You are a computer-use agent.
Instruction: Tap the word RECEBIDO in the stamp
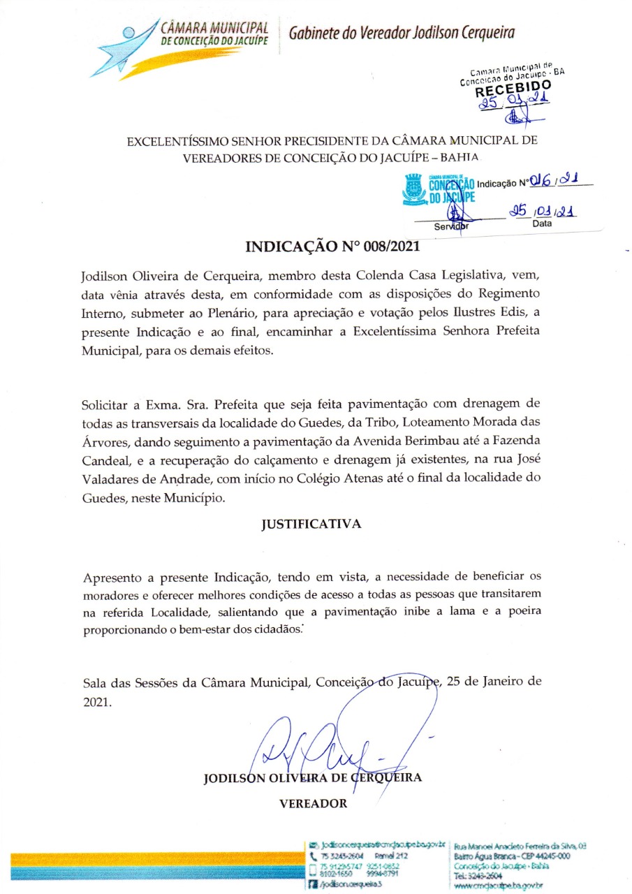(513, 87)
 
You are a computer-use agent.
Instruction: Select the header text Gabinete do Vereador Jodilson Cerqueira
(402, 32)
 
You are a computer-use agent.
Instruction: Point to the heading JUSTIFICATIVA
(311, 524)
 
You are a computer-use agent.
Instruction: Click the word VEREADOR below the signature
(313, 803)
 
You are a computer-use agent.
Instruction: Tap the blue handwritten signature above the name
(328, 740)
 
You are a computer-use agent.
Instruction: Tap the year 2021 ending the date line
(96, 703)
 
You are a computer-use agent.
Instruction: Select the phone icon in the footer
(312, 855)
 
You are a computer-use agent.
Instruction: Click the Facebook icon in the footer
(312, 884)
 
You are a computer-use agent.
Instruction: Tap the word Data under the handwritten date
(542, 223)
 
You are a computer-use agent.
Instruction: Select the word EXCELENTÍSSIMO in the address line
(183, 141)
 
